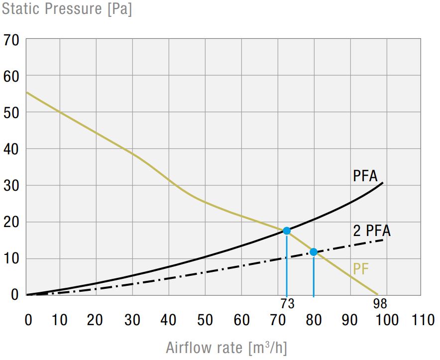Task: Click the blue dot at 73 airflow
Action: click(x=287, y=231)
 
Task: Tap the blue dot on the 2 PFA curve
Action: click(x=314, y=252)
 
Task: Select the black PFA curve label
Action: click(x=365, y=176)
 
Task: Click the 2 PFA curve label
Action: click(x=372, y=231)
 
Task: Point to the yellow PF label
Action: click(x=361, y=269)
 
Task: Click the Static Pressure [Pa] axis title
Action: click(x=67, y=9)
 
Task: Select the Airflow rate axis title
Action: click(x=226, y=347)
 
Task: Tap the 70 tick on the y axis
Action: click(x=11, y=40)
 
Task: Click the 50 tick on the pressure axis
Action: click(x=11, y=113)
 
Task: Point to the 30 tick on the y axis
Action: click(x=11, y=185)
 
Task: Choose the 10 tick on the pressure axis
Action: click(x=11, y=258)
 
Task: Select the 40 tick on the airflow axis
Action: click(x=169, y=320)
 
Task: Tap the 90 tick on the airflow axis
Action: click(x=350, y=320)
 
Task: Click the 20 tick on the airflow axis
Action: click(x=96, y=320)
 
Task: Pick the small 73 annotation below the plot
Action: click(x=287, y=303)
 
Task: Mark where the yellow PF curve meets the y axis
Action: click(x=26, y=92)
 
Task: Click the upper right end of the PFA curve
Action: click(x=383, y=183)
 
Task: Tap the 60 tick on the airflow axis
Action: click(x=241, y=320)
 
